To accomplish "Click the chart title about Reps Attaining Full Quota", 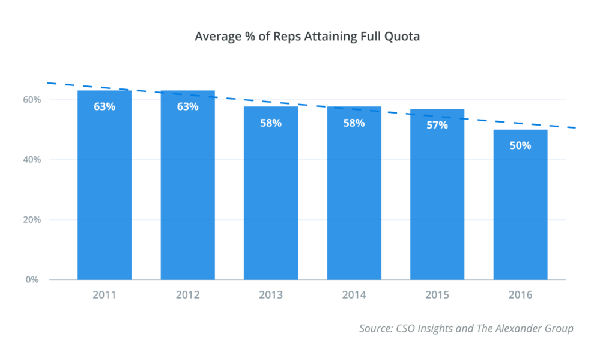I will pyautogui.click(x=307, y=37).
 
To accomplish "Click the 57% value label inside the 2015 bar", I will pyautogui.click(x=437, y=125).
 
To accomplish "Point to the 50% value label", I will pyautogui.click(x=520, y=145).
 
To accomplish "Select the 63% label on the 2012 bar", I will pyautogui.click(x=187, y=106).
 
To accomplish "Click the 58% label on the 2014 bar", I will pyautogui.click(x=354, y=123).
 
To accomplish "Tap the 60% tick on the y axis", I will pyautogui.click(x=32, y=100).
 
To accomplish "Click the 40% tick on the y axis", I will pyautogui.click(x=32, y=160).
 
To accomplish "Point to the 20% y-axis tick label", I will pyautogui.click(x=32, y=220).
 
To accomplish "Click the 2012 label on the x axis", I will pyautogui.click(x=187, y=295).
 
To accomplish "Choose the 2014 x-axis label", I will pyautogui.click(x=354, y=295).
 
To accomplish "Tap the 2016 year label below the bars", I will pyautogui.click(x=520, y=295).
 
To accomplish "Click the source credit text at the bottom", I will pyautogui.click(x=466, y=328).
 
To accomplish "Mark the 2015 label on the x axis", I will pyautogui.click(x=437, y=295).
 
